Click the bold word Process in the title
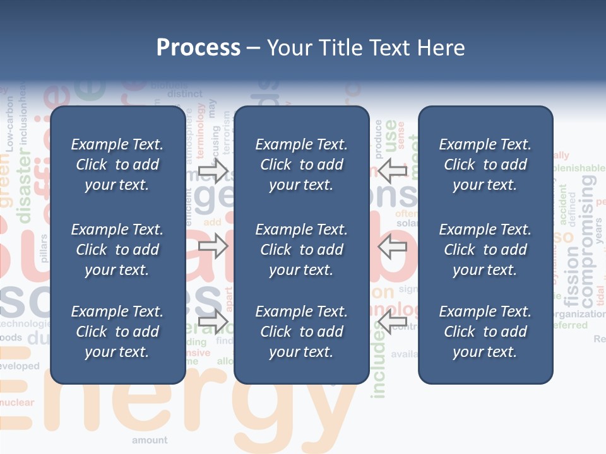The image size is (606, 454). pyautogui.click(x=198, y=48)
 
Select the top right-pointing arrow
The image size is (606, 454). pyautogui.click(x=213, y=170)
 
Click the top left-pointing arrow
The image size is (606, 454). pyautogui.click(x=392, y=170)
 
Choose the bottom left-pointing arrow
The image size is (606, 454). pyautogui.click(x=392, y=322)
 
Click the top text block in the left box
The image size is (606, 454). pyautogui.click(x=117, y=165)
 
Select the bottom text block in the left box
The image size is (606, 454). pyautogui.click(x=117, y=332)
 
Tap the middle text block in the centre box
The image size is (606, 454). pyautogui.click(x=301, y=250)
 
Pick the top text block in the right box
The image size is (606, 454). pyautogui.click(x=485, y=165)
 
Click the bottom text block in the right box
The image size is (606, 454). pyautogui.click(x=485, y=332)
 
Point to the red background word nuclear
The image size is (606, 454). pyautogui.click(x=17, y=402)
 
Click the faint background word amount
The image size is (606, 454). pyautogui.click(x=150, y=440)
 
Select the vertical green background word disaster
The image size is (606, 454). pyautogui.click(x=25, y=189)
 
